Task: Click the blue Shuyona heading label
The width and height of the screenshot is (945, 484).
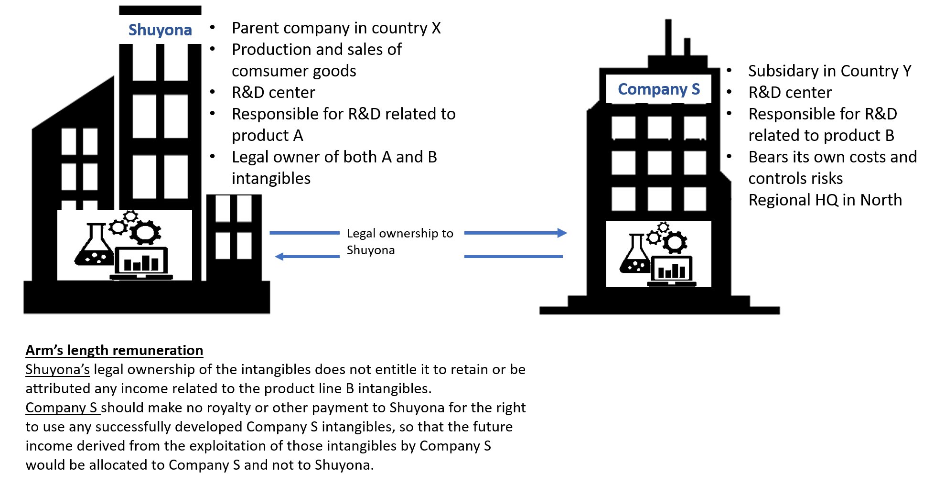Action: [x=160, y=30]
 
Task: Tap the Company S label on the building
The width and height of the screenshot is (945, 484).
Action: [x=658, y=89]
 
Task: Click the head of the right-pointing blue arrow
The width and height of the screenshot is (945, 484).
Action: [x=562, y=233]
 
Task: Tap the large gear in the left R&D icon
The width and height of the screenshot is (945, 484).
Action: [x=145, y=233]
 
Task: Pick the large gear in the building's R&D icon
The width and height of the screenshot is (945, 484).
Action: [x=675, y=243]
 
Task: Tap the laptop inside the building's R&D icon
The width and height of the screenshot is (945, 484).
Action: [x=671, y=272]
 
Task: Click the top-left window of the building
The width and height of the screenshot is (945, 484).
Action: [x=623, y=128]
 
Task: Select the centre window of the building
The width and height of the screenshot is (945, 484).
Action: [x=659, y=163]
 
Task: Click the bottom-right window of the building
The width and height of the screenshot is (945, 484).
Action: [x=695, y=199]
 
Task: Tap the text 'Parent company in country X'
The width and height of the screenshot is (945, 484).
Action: [x=336, y=28]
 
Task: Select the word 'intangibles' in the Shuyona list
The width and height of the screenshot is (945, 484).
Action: [x=271, y=178]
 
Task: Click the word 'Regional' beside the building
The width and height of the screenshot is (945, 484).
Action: [x=779, y=200]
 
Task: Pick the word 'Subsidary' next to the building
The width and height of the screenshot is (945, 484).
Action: [x=782, y=71]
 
